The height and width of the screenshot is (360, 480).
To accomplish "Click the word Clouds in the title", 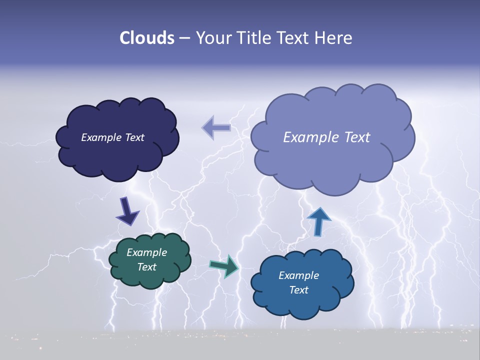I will (147, 38).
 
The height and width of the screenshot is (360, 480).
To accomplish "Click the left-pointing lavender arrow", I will (216, 127).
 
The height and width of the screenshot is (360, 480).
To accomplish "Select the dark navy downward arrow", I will (127, 211).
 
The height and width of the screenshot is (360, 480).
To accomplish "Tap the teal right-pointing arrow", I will (224, 266).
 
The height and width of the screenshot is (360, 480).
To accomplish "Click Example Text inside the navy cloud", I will (112, 137).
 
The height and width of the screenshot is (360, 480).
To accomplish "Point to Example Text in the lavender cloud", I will (326, 137).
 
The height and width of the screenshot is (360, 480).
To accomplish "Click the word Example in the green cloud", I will (146, 252).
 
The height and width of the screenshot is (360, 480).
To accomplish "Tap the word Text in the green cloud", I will (146, 267).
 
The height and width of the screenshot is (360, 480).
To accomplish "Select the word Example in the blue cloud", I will (298, 275).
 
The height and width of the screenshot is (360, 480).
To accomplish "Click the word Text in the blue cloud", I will (298, 290).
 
